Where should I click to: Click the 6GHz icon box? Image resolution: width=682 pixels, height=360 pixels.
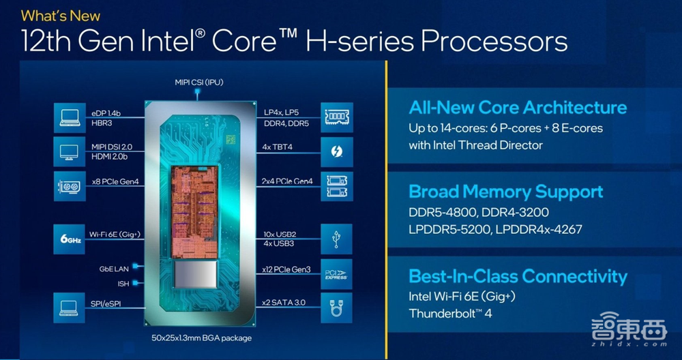click(x=69, y=239)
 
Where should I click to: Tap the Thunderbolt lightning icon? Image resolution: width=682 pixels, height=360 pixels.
click(x=337, y=152)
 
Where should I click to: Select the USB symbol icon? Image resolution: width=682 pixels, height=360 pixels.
click(x=337, y=239)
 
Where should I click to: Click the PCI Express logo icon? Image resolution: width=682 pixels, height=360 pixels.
click(x=337, y=274)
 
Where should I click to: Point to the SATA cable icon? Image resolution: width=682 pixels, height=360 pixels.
click(x=337, y=307)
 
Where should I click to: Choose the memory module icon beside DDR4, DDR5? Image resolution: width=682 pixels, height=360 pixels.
click(x=337, y=117)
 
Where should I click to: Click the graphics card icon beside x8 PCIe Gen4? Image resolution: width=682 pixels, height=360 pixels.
click(x=70, y=187)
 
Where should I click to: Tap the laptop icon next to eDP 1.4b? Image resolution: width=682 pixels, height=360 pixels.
click(x=70, y=118)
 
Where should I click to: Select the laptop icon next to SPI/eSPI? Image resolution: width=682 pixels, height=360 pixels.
click(x=69, y=307)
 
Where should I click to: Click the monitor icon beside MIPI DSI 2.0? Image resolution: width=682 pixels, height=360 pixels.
click(x=70, y=152)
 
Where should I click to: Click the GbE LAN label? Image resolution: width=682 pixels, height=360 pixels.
click(x=113, y=269)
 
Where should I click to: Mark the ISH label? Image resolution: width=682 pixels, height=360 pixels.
click(x=123, y=284)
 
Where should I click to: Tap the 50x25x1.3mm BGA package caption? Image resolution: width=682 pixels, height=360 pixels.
click(x=201, y=337)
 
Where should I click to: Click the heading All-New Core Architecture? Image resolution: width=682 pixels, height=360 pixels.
click(x=518, y=108)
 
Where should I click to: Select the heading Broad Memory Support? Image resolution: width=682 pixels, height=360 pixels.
click(x=506, y=192)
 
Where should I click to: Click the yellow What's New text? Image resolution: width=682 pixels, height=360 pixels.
click(x=61, y=16)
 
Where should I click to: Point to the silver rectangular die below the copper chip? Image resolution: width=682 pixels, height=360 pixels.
click(x=195, y=274)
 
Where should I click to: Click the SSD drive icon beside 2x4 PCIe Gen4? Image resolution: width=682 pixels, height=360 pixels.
click(x=337, y=187)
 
